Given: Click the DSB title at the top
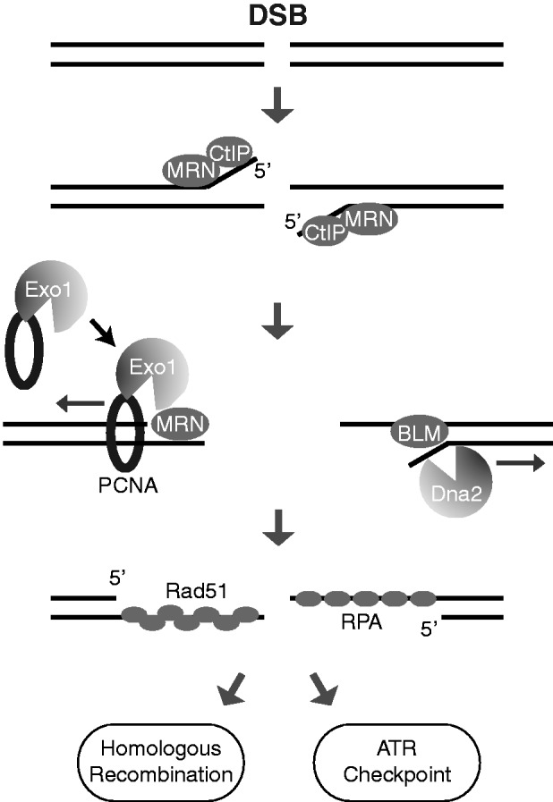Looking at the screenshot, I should pyautogui.click(x=276, y=16).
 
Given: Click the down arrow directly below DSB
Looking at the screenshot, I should pyautogui.click(x=276, y=106).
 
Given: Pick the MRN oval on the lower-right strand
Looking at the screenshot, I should pyautogui.click(x=369, y=217).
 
